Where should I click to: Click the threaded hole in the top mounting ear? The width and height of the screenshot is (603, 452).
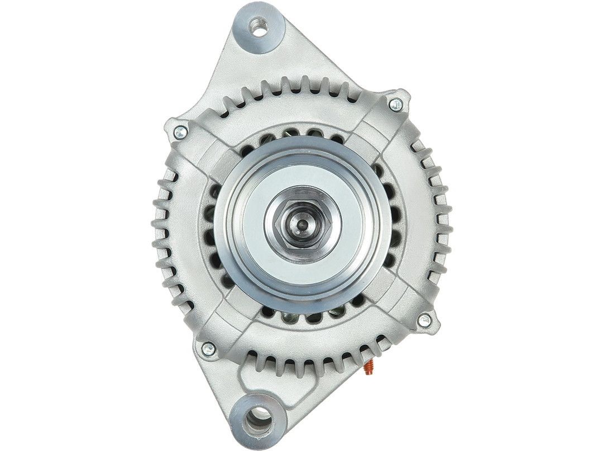click(x=259, y=26)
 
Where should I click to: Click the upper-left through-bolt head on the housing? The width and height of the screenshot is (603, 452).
click(x=180, y=132)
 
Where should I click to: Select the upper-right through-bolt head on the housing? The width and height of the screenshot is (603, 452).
click(x=396, y=103)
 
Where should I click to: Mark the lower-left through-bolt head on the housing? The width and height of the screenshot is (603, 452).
click(x=208, y=349)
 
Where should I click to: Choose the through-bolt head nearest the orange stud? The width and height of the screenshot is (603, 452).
click(x=424, y=320)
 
